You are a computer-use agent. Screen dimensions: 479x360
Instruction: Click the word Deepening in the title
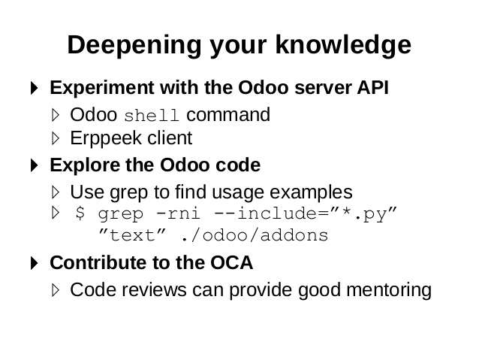134,45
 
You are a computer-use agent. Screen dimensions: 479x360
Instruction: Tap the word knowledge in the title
343,45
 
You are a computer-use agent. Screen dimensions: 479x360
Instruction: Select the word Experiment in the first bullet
101,88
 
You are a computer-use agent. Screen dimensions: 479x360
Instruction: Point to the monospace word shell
151,116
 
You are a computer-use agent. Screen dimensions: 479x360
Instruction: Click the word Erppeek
106,139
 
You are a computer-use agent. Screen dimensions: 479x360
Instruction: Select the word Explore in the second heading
84,165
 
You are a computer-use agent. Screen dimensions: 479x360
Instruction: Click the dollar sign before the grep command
80,213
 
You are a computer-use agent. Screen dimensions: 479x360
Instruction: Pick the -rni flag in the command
178,213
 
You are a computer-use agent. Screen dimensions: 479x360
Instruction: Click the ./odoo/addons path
255,235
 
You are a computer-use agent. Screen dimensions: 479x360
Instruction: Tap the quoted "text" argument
132,235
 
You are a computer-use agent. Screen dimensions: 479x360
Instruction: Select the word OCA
231,263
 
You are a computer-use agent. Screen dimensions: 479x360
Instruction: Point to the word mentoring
389,290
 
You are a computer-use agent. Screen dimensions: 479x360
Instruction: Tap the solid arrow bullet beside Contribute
35,263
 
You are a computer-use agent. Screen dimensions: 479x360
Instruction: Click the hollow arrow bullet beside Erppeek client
56,138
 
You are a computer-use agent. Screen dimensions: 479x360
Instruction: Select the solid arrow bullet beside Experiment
35,88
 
